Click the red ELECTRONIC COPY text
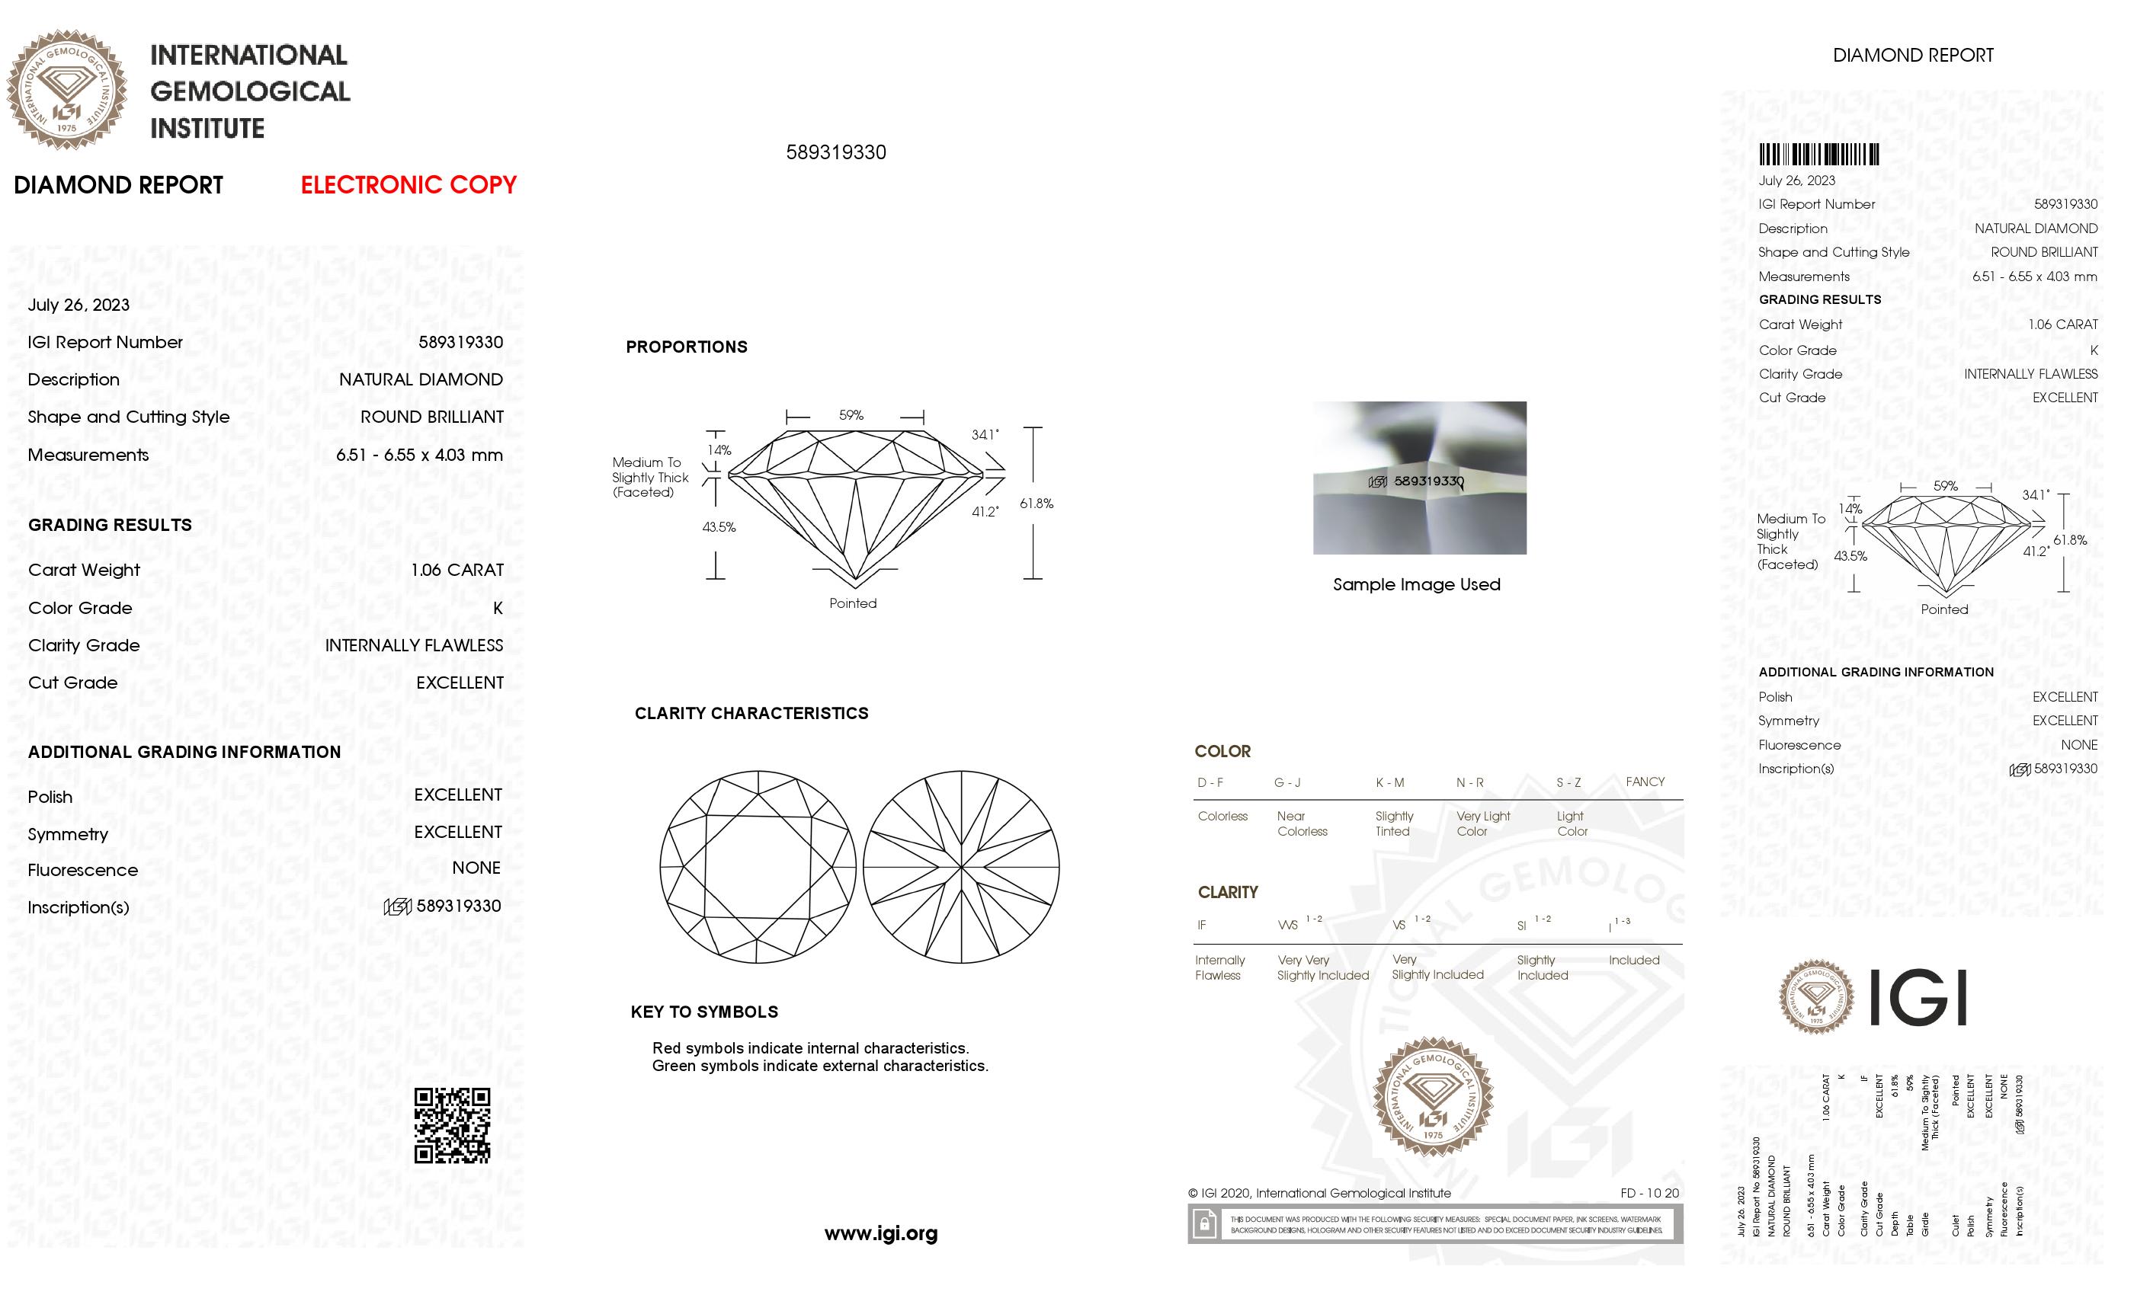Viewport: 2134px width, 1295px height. point(408,184)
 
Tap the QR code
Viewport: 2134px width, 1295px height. point(451,1124)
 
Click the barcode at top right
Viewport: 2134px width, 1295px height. point(1818,155)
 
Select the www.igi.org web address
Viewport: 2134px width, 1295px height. point(880,1233)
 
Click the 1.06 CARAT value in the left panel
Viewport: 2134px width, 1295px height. point(457,570)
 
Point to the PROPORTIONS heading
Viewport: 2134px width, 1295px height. point(686,347)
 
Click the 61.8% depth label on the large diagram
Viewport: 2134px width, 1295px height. point(1036,503)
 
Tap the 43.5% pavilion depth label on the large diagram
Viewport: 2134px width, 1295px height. point(718,526)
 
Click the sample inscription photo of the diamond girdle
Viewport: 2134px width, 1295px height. point(1418,477)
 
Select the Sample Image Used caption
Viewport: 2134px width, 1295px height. point(1416,584)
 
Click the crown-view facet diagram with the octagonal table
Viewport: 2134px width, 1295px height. point(757,867)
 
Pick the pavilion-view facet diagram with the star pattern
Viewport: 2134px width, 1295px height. point(960,867)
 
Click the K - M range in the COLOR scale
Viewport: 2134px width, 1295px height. point(1389,782)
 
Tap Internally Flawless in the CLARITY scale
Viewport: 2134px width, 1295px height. point(1219,967)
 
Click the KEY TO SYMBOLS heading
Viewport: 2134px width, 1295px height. point(703,1011)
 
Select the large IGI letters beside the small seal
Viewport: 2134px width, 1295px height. point(1918,997)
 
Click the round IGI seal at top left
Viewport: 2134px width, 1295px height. point(67,89)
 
